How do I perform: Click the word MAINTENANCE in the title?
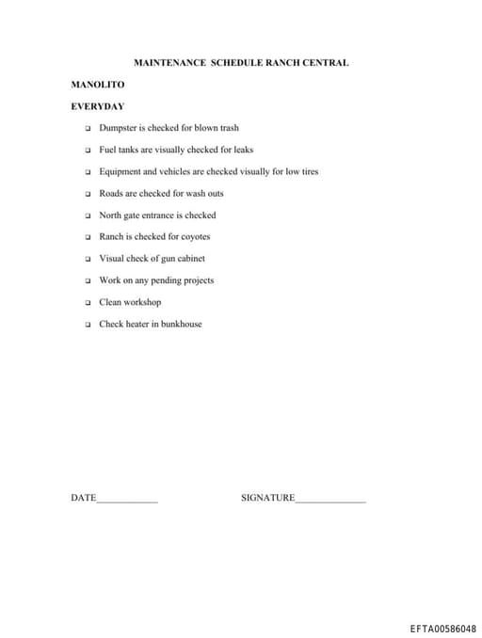coord(170,63)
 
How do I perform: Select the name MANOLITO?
coord(98,85)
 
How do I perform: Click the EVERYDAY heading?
coord(98,106)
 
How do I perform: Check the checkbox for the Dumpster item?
coord(85,129)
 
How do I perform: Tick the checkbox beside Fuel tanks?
coord(85,151)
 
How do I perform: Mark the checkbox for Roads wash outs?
coord(85,194)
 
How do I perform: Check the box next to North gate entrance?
coord(85,215)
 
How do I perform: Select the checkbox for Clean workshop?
coord(85,303)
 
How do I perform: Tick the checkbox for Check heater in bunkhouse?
coord(85,325)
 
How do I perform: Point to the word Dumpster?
coord(118,128)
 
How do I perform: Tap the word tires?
coord(308,172)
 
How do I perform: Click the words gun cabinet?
coord(184,259)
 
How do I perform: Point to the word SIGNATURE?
coord(268,498)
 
